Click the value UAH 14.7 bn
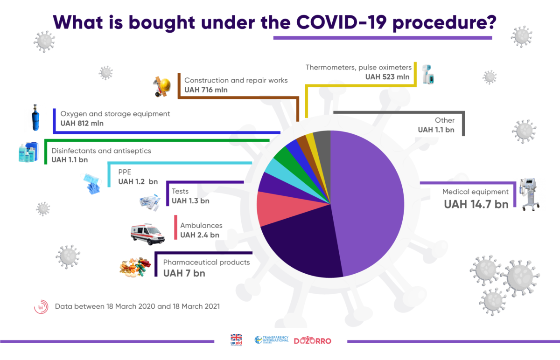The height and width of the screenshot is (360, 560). click(x=476, y=204)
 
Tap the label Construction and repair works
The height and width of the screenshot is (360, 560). click(x=236, y=80)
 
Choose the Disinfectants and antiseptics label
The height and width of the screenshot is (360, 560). click(x=101, y=151)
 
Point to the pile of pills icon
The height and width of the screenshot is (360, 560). click(x=135, y=268)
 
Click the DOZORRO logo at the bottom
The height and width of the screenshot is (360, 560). click(x=312, y=341)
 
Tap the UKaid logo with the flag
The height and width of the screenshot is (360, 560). click(x=237, y=339)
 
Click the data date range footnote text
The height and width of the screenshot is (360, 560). click(x=137, y=307)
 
